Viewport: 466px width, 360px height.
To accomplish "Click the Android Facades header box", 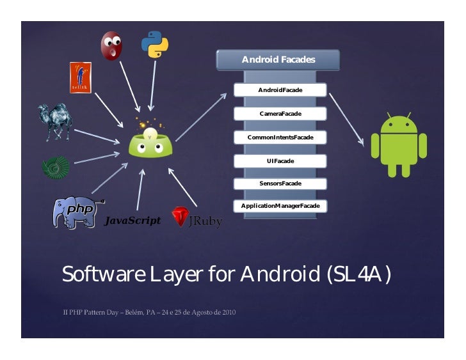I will point(278,60).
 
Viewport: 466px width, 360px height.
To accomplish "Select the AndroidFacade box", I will point(280,90).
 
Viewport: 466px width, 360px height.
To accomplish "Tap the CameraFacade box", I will point(280,114).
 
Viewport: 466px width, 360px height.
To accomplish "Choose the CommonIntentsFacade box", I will point(280,137).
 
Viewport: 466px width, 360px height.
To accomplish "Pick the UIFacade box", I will point(280,160).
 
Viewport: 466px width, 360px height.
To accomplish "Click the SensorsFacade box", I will point(280,184).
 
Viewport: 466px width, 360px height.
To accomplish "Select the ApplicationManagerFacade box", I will point(280,207).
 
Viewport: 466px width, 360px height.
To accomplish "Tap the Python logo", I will point(154,43).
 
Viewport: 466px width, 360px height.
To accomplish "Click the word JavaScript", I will point(132,221).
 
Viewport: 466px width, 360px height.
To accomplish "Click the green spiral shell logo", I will point(55,167).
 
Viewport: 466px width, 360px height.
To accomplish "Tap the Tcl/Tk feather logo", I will point(79,77).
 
